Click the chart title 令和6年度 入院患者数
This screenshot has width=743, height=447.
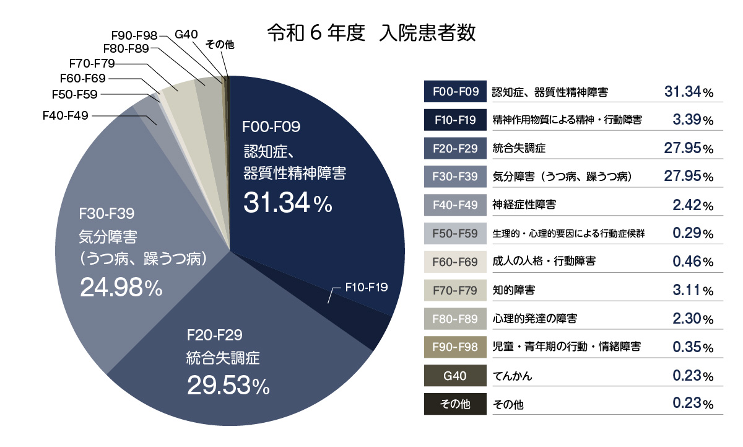pos(371,33)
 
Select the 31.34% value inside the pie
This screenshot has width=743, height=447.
pos(288,203)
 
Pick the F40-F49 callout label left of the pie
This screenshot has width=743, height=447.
pos(66,115)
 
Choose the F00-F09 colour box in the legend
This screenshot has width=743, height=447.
pos(454,92)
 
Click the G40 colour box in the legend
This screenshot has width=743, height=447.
pos(454,376)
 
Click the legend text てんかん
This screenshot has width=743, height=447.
pos(512,376)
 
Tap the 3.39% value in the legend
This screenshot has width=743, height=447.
pos(692,120)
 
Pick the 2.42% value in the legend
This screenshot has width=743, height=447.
pos(692,205)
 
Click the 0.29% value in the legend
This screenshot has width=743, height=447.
pos(692,234)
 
